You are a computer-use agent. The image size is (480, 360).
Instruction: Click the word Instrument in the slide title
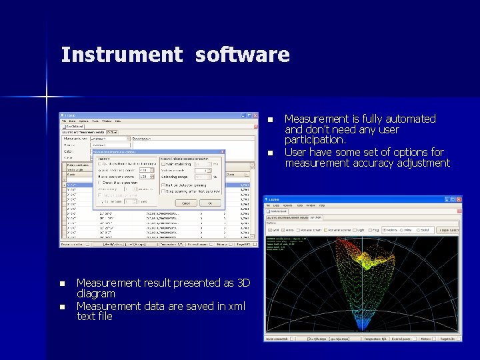point(121,55)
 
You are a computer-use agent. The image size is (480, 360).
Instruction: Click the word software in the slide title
point(243,55)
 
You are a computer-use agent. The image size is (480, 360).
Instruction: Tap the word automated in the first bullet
point(405,119)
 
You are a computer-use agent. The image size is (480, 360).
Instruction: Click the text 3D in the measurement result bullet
point(243,283)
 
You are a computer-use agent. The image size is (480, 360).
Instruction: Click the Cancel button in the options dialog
point(186,203)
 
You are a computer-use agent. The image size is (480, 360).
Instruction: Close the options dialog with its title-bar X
point(223,153)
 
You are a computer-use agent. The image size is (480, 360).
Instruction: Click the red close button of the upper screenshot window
point(254,115)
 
